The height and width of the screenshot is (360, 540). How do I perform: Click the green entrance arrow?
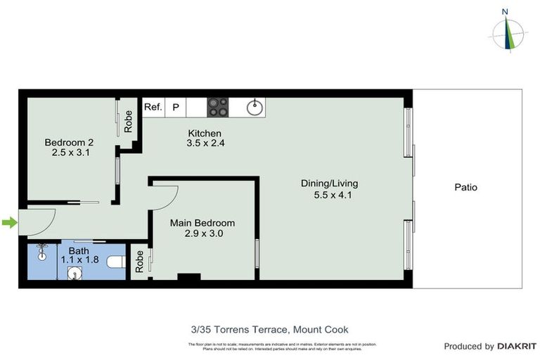8,224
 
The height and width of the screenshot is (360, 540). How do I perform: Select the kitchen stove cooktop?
217,108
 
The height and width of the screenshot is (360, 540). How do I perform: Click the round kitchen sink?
255,108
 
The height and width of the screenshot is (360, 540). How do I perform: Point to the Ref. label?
153,108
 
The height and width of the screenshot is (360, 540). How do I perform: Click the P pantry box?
176,108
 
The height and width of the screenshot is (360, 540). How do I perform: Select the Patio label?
465,188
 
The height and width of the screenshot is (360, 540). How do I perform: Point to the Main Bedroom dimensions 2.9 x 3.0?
202,233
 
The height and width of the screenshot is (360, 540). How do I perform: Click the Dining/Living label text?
326,184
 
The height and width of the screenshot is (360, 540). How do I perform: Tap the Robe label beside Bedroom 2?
129,122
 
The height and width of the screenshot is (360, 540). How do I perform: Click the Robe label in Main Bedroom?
140,262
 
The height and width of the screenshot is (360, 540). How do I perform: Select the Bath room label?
78,250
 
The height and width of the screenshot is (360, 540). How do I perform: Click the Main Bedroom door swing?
166,198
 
